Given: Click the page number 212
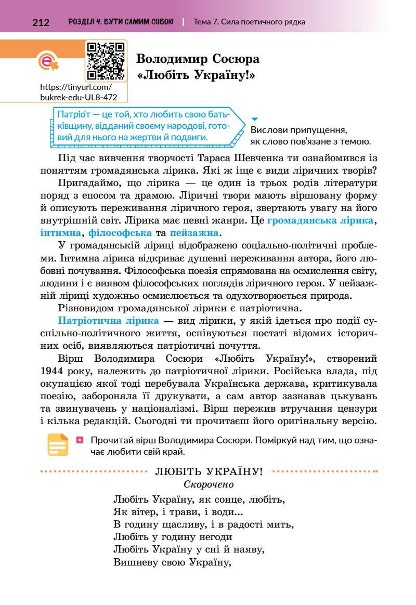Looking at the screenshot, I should [41, 22].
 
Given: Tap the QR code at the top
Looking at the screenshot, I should [106, 61].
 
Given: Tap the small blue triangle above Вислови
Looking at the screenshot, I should [254, 119].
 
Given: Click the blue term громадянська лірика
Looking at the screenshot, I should [320, 220].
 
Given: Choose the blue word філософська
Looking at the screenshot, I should [120, 232].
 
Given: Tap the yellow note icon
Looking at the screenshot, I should [58, 445].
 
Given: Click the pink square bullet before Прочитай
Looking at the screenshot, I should [80, 440].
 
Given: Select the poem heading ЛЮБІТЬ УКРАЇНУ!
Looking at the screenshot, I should [209, 472].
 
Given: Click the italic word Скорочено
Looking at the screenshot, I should [209, 484].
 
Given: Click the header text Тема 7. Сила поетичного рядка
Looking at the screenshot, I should [249, 22].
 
